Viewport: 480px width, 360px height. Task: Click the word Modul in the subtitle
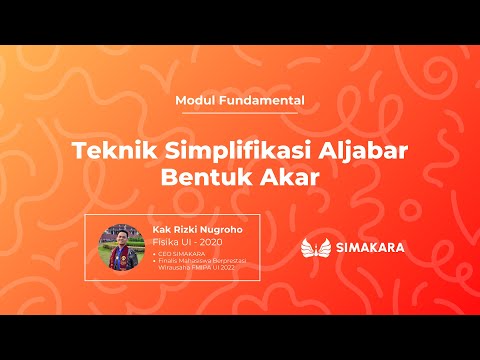click(194, 101)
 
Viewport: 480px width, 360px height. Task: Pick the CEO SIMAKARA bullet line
click(180, 254)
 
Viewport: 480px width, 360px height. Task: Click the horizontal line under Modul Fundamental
click(240, 113)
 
